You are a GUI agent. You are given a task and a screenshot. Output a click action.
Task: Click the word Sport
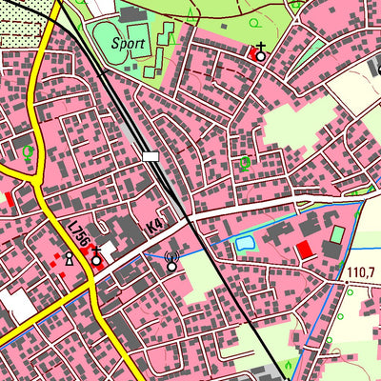128,44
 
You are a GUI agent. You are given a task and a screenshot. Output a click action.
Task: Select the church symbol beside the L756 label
96,259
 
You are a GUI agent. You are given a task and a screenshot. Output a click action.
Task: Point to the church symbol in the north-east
260,54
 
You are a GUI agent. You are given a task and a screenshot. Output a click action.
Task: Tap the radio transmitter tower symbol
171,261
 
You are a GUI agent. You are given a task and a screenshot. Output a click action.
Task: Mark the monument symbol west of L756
69,258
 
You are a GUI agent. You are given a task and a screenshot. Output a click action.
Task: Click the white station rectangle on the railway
150,155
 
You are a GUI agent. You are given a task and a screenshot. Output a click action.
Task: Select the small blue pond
245,244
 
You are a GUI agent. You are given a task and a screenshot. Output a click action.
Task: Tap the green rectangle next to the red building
337,233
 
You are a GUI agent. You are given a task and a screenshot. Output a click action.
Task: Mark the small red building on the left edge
10,198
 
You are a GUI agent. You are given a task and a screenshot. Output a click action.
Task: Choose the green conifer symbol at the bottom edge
289,365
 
